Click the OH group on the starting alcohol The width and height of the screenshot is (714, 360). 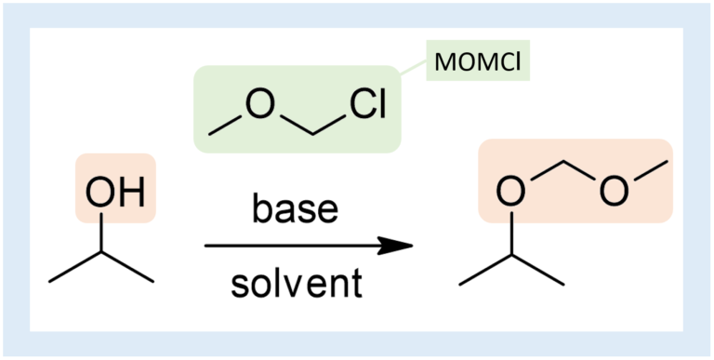click(115, 193)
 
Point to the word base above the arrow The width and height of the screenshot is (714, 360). click(295, 209)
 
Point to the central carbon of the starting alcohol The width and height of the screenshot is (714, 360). click(101, 250)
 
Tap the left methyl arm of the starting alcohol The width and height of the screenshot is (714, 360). click(75, 265)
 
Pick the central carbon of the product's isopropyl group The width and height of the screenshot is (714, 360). click(510, 250)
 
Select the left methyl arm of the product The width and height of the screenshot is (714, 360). click(484, 265)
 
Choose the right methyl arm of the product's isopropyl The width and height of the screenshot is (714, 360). click(536, 265)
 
